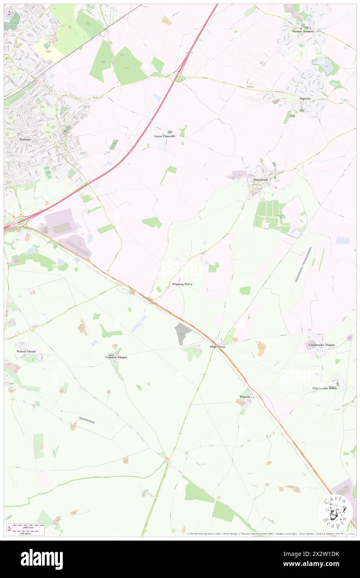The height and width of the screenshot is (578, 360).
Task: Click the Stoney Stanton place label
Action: point(303,31)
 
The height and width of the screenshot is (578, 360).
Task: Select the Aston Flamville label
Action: point(165,136)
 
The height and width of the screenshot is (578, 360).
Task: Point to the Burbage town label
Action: point(25,139)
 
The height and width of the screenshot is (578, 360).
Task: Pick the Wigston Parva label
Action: point(182,284)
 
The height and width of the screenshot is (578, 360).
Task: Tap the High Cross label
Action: point(217,346)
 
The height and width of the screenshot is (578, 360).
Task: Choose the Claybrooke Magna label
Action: point(322,345)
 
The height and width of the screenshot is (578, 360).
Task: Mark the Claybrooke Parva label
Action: point(325,388)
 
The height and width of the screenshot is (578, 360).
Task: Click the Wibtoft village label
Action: point(244,397)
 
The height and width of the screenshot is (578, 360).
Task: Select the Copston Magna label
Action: point(116,357)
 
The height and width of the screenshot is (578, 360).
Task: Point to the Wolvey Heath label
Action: point(26,351)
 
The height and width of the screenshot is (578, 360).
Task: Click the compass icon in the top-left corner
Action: point(9,13)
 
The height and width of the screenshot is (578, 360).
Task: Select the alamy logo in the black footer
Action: point(42,558)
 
